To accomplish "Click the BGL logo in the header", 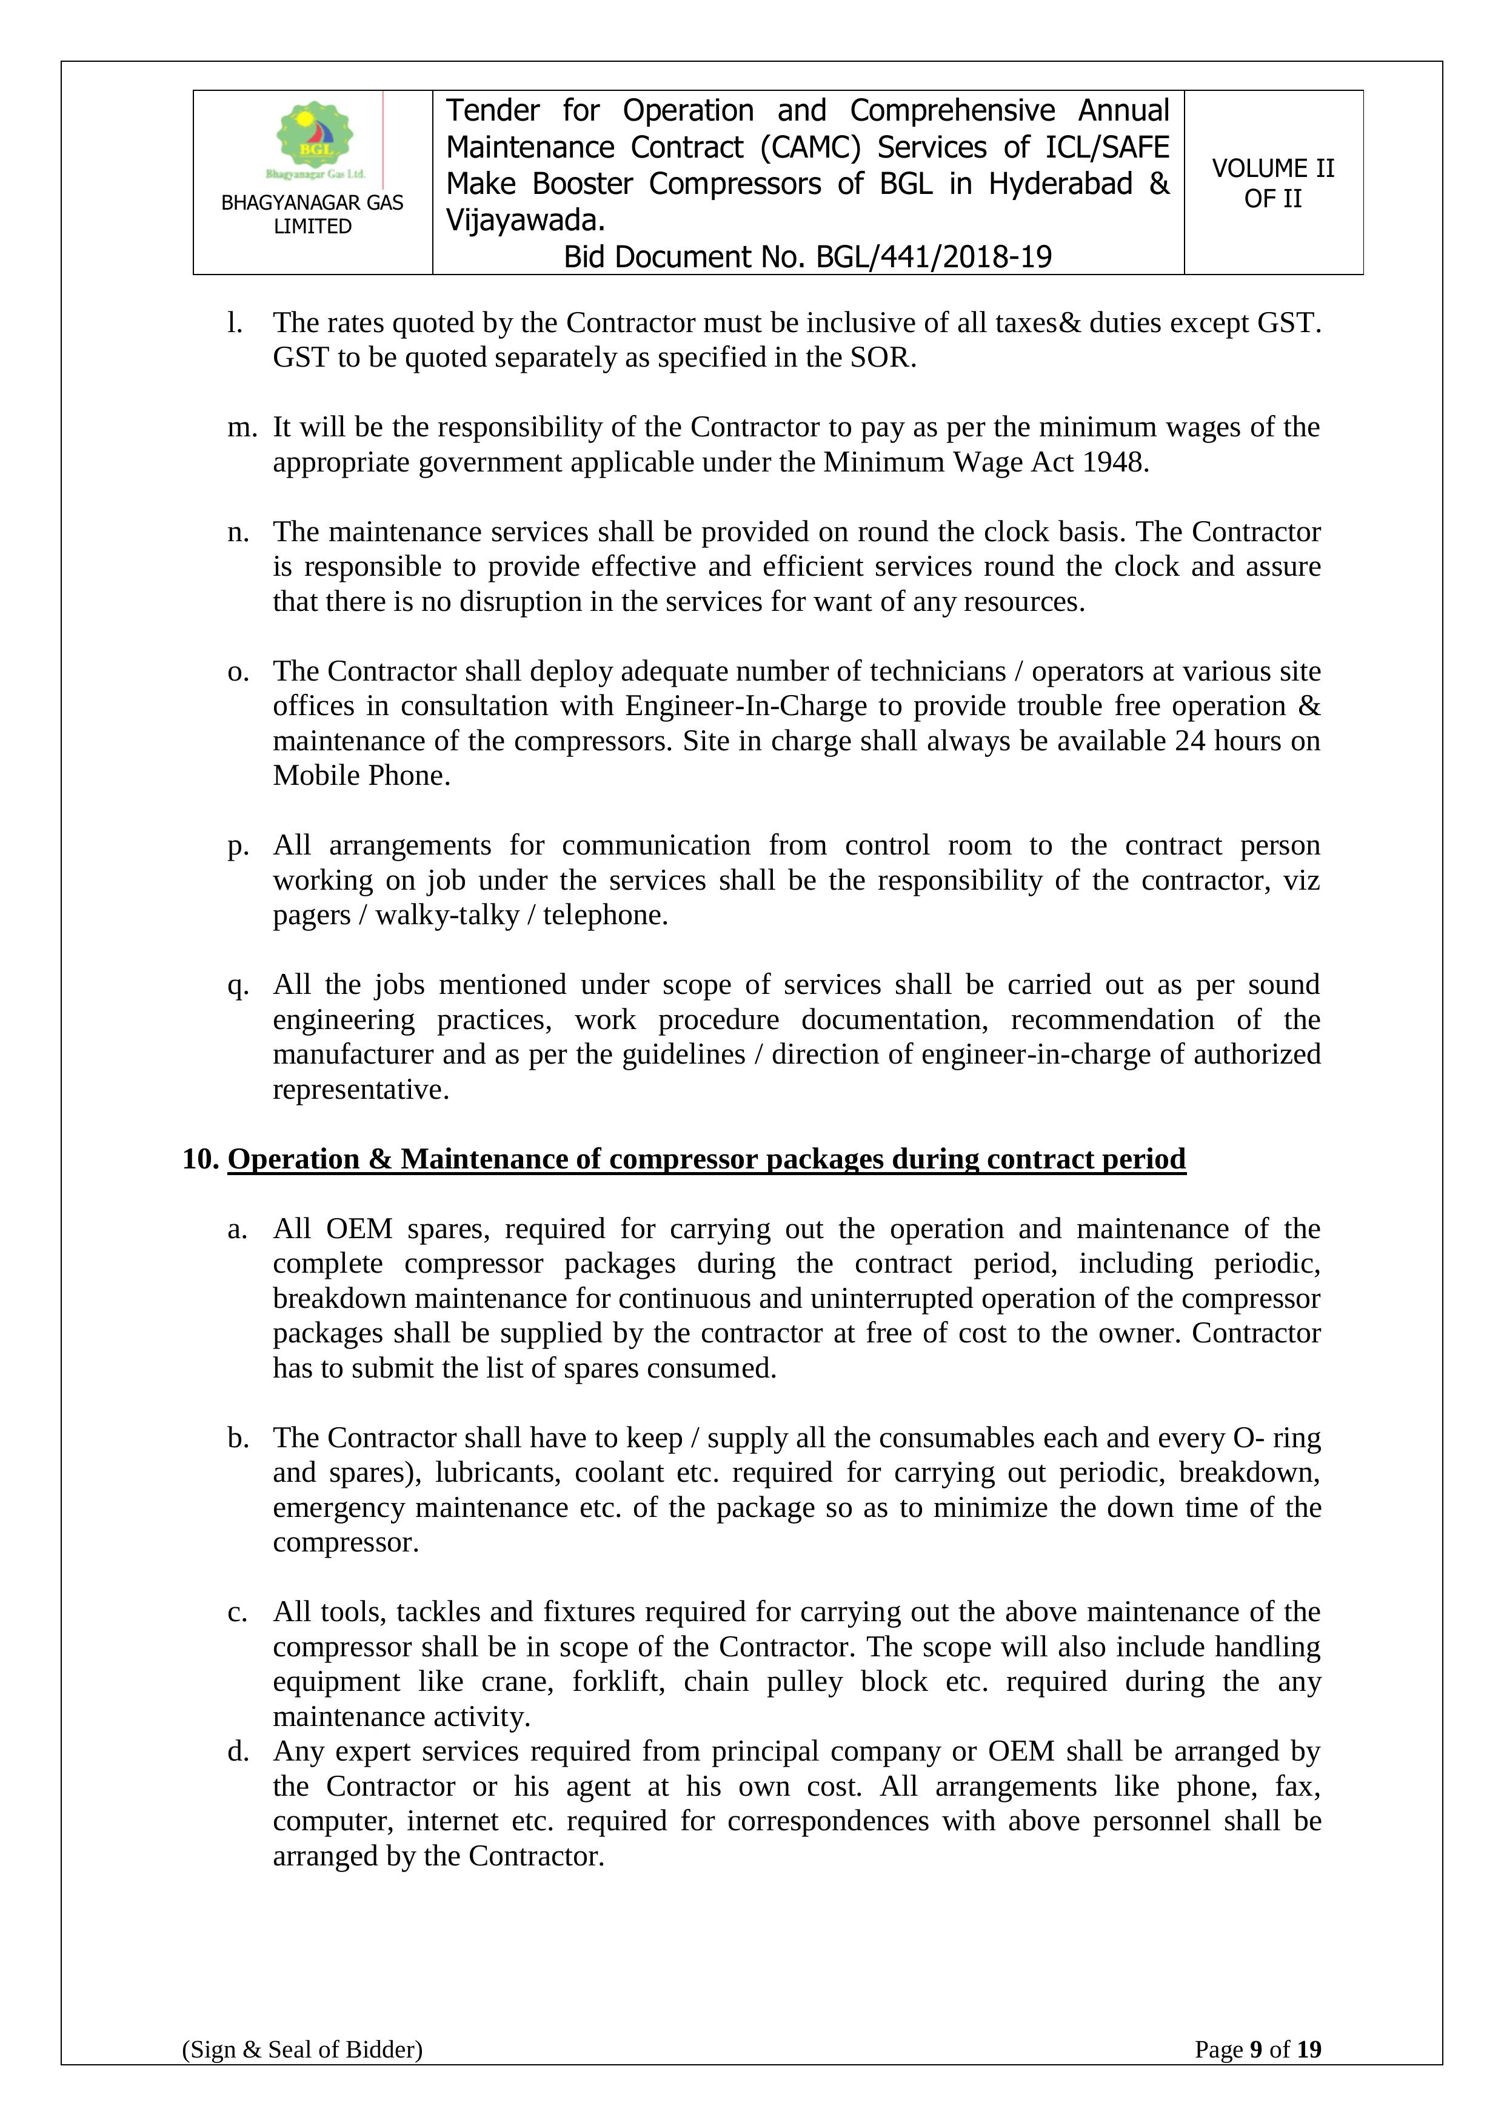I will [315, 140].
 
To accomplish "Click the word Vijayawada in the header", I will [524, 221].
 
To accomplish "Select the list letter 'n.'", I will [239, 533].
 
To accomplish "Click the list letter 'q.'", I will [239, 985].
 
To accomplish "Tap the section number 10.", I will [199, 1159].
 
